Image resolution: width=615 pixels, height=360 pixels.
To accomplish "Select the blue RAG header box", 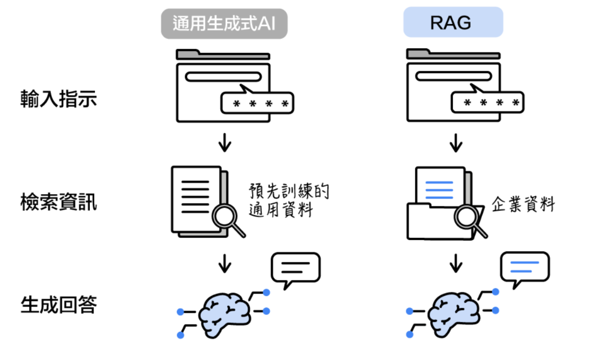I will pyautogui.click(x=453, y=23).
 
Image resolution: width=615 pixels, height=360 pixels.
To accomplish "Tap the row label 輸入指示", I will pyautogui.click(x=58, y=100).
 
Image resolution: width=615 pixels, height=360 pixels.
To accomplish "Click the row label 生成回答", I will pyautogui.click(x=58, y=305).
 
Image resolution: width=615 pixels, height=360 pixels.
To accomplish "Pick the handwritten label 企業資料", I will pyautogui.click(x=523, y=204).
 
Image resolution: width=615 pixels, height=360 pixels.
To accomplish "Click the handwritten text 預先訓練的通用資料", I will pyautogui.click(x=288, y=201).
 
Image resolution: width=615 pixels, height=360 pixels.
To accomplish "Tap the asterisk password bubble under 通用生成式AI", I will pyautogui.click(x=257, y=103).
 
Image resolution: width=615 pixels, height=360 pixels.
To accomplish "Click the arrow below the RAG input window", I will pyautogui.click(x=456, y=143).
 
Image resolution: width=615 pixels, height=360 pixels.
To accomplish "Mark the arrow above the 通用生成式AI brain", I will pyautogui.click(x=225, y=263).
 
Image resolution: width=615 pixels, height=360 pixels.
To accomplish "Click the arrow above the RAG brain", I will pyautogui.click(x=456, y=263).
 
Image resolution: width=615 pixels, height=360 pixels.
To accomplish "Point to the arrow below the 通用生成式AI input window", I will pyautogui.click(x=225, y=143).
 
